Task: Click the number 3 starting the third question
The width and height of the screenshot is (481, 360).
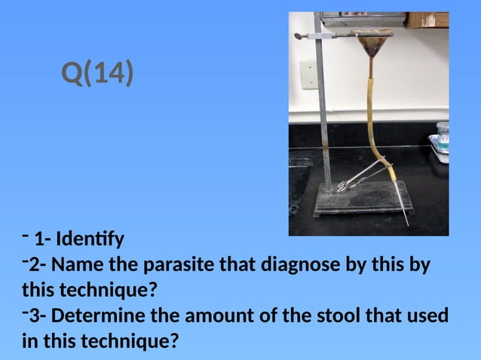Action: pyautogui.click(x=34, y=316)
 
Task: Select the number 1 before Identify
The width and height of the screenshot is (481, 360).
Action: pyautogui.click(x=38, y=240)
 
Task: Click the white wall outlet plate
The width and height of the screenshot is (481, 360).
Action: pyautogui.click(x=307, y=73)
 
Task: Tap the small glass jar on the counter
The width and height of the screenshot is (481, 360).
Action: pyautogui.click(x=442, y=136)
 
